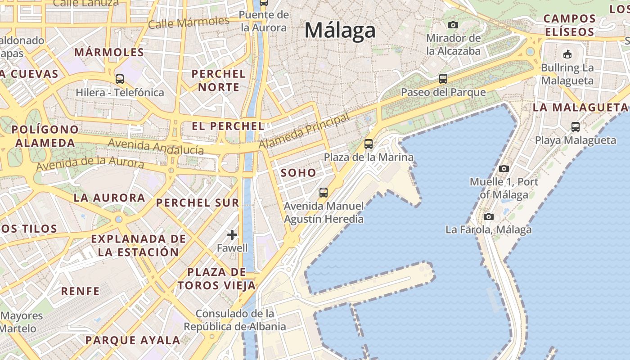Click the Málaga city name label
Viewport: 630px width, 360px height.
pyautogui.click(x=340, y=31)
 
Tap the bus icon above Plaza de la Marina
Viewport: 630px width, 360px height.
pyautogui.click(x=369, y=144)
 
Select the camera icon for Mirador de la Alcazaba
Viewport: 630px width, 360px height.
pyautogui.click(x=453, y=25)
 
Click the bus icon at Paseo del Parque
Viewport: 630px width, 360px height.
pyautogui.click(x=443, y=79)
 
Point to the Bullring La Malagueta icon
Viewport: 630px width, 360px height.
pyautogui.click(x=567, y=54)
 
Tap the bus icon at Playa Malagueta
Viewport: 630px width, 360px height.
pyautogui.click(x=576, y=127)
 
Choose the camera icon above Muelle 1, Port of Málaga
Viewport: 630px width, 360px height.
pyautogui.click(x=504, y=168)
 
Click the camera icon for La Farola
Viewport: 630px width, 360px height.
pyautogui.click(x=489, y=216)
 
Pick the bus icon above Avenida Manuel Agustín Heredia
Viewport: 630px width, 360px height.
pyautogui.click(x=324, y=193)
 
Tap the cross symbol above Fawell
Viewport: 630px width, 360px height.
pyautogui.click(x=232, y=235)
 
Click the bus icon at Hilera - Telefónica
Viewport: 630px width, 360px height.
pyautogui.click(x=120, y=79)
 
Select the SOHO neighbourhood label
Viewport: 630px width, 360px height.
pyautogui.click(x=298, y=173)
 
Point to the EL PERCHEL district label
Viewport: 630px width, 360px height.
pyautogui.click(x=228, y=126)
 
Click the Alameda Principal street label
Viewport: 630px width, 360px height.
pyautogui.click(x=304, y=131)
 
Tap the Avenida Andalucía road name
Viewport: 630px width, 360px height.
pyautogui.click(x=156, y=147)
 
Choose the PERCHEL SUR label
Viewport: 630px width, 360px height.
pyautogui.click(x=198, y=202)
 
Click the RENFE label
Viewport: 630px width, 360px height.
pyautogui.click(x=81, y=291)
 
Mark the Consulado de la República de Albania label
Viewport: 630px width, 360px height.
pyautogui.click(x=234, y=320)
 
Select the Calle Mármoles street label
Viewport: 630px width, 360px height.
pyautogui.click(x=189, y=22)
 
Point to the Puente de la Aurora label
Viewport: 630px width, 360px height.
pyautogui.click(x=264, y=21)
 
